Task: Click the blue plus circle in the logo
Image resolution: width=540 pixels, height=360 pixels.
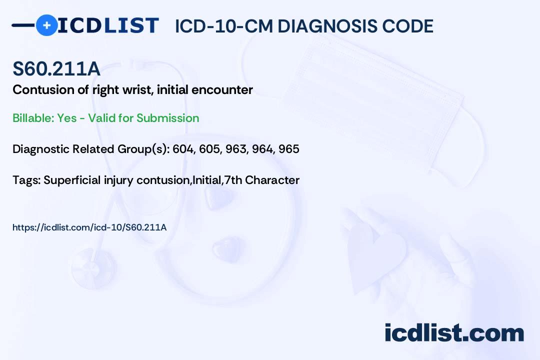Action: click(46, 25)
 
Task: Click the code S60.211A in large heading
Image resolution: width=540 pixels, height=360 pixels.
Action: click(56, 68)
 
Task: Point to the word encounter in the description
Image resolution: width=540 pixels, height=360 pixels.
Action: click(222, 90)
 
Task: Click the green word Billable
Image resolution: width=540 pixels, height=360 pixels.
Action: click(33, 118)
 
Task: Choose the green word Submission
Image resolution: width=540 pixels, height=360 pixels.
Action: click(167, 118)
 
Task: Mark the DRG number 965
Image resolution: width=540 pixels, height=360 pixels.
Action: click(289, 149)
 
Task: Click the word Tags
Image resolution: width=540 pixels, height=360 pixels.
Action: click(26, 180)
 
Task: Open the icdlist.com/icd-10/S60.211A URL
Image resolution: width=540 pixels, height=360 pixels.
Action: click(89, 227)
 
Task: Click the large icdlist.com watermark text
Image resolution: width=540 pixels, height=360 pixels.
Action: click(454, 332)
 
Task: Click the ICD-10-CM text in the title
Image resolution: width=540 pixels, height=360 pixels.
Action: click(224, 26)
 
